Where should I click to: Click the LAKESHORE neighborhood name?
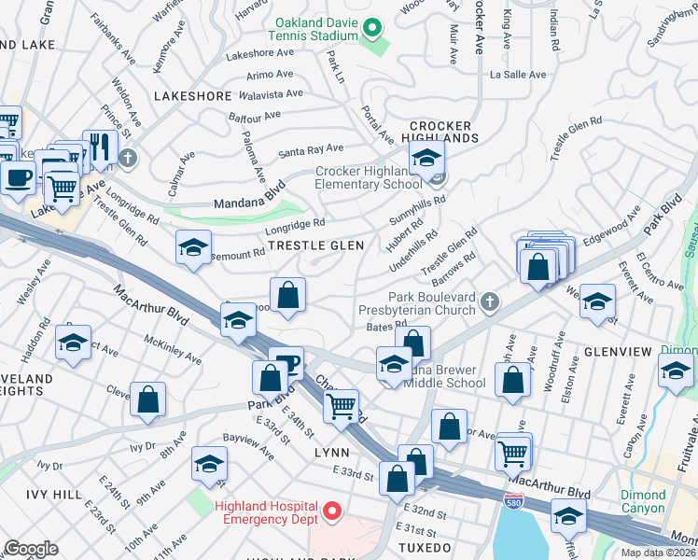point(190,95)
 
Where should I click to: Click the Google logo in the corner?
point(31,549)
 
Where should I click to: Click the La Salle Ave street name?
point(518,74)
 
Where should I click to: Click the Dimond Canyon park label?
point(643,501)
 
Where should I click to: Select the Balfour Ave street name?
point(255,116)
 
